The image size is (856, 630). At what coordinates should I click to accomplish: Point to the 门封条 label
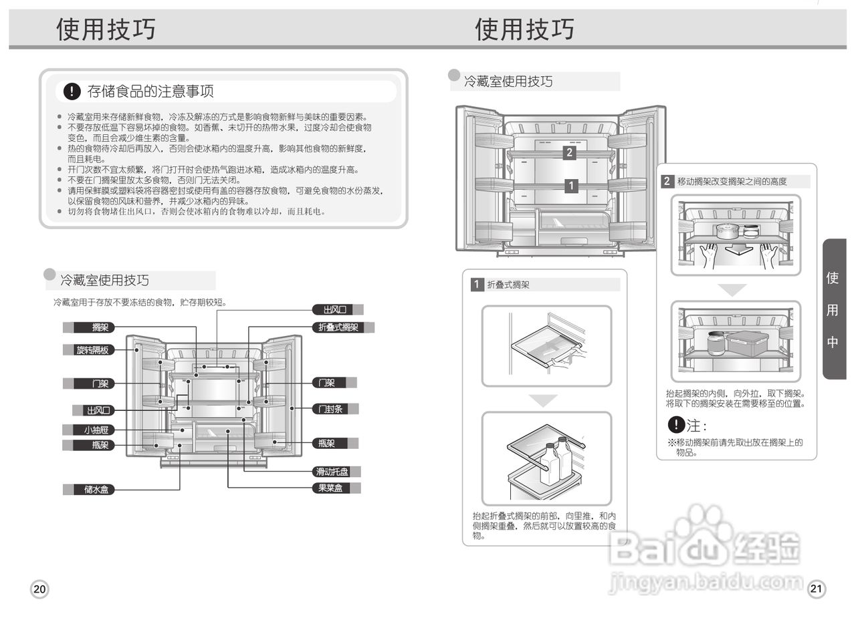pyautogui.click(x=330, y=409)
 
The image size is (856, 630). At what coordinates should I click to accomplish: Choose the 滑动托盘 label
pyautogui.click(x=332, y=472)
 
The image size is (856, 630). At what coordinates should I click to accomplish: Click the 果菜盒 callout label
pyautogui.click(x=330, y=488)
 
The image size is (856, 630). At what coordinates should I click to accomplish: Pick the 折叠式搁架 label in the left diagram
pyautogui.click(x=338, y=327)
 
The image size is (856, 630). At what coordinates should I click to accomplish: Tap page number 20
pyautogui.click(x=39, y=589)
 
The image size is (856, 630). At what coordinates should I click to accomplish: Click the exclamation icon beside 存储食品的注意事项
pyautogui.click(x=72, y=91)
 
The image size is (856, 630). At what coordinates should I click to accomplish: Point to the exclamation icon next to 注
pyautogui.click(x=676, y=424)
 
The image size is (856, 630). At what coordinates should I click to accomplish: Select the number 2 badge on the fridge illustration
pyautogui.click(x=569, y=152)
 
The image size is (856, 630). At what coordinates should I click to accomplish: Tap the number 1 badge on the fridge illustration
pyautogui.click(x=571, y=186)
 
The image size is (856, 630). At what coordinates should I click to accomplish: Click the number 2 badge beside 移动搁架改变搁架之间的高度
pyautogui.click(x=667, y=181)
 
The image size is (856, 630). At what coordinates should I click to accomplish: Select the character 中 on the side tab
pyautogui.click(x=833, y=342)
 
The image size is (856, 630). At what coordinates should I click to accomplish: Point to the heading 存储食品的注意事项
pyautogui.click(x=150, y=91)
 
